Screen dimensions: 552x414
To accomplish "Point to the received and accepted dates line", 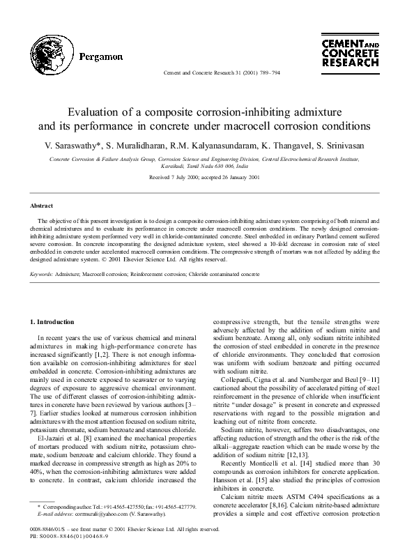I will pos(207,178).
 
